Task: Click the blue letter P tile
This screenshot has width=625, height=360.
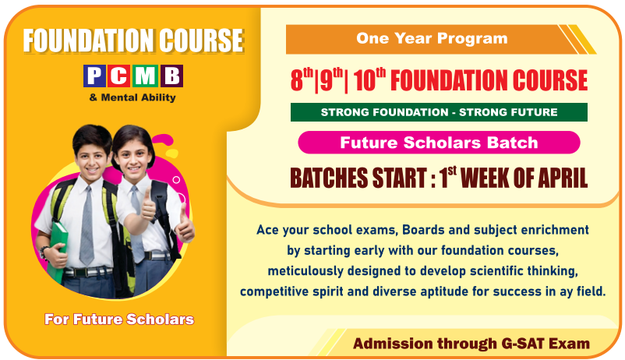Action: [x=94, y=76]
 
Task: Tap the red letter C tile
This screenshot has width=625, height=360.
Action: [x=119, y=76]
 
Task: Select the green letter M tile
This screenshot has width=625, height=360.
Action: [x=145, y=76]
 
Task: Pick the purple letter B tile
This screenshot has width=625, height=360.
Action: [x=171, y=76]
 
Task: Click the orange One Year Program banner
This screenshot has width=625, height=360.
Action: [x=439, y=39]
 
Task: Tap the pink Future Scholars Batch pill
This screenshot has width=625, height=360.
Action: [x=439, y=143]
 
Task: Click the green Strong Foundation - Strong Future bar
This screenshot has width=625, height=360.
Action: [x=439, y=112]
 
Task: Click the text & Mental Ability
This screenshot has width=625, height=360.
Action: [x=132, y=97]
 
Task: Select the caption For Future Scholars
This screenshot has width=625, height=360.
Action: [x=119, y=319]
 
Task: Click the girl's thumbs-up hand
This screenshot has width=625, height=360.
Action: [x=184, y=226]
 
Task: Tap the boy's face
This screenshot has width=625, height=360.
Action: [x=92, y=161]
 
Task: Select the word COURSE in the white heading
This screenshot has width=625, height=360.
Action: [x=201, y=41]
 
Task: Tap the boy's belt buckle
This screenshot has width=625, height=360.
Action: [x=81, y=273]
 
